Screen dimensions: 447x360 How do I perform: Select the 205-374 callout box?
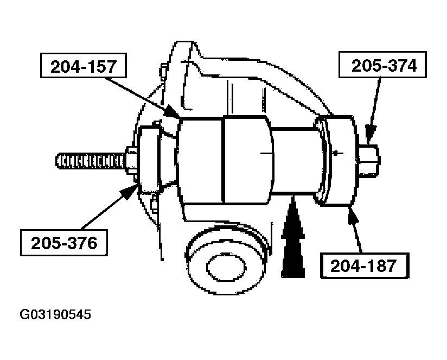(384, 66)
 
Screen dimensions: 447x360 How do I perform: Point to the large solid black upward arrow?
(293, 239)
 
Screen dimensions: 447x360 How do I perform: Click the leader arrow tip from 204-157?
(177, 116)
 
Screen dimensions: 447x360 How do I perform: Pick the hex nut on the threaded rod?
(132, 160)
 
